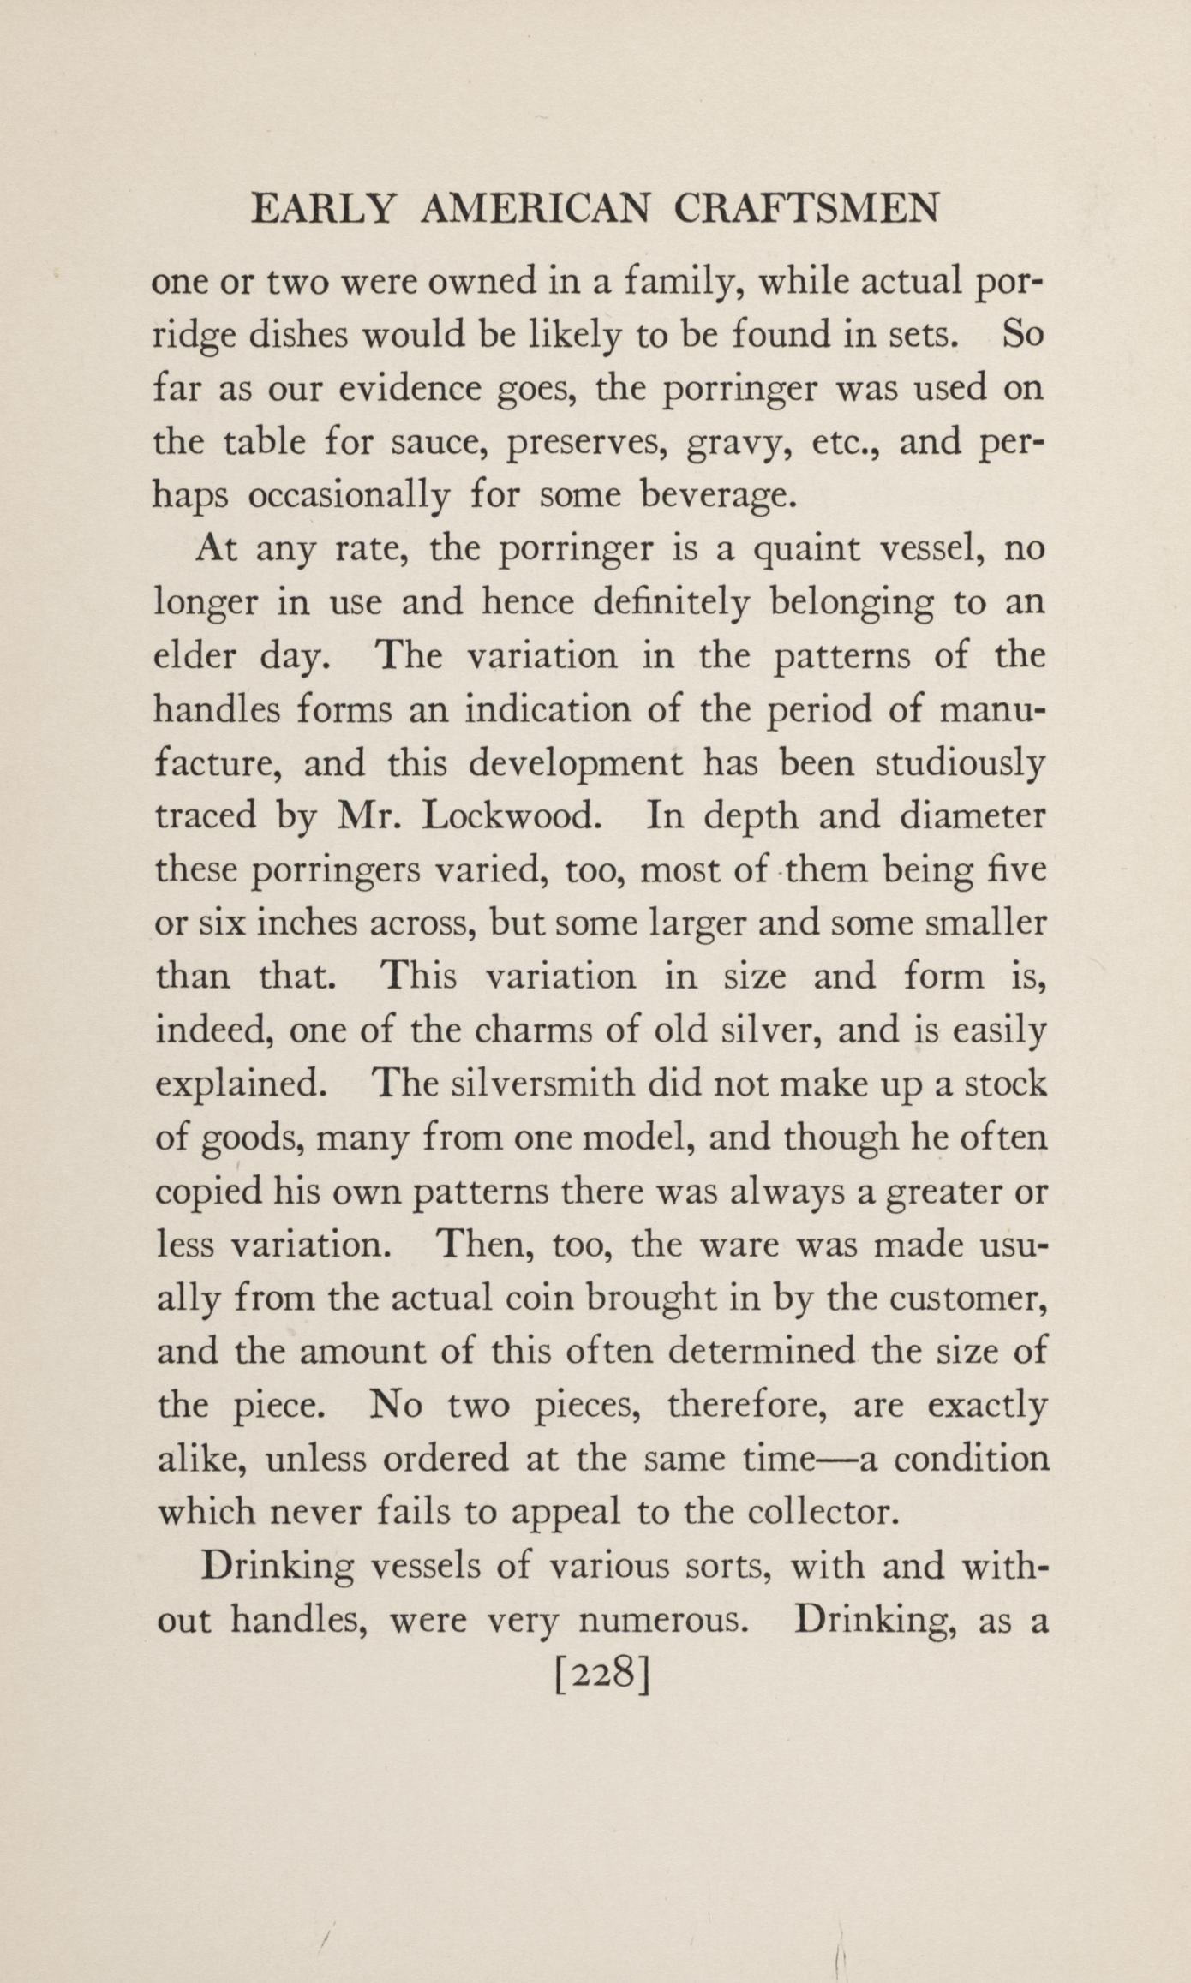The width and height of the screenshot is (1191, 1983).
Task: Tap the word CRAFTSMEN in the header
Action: pos(806,209)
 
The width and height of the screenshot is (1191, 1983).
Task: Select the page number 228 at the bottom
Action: pos(604,1674)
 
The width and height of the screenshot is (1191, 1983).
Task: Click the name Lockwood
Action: pos(510,815)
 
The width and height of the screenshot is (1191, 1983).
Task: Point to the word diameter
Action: pos(972,815)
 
